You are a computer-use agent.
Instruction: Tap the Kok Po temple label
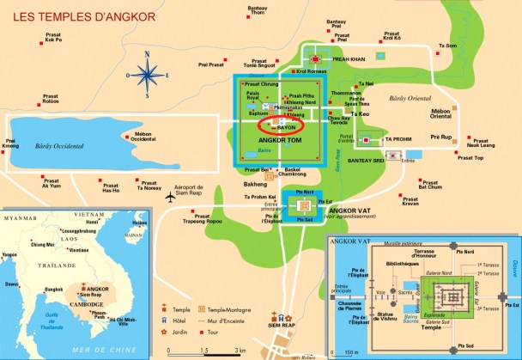(53, 38)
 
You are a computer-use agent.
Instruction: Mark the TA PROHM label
(399, 139)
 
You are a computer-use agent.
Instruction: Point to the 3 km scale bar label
(241, 351)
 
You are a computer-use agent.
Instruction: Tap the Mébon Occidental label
(137, 137)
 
